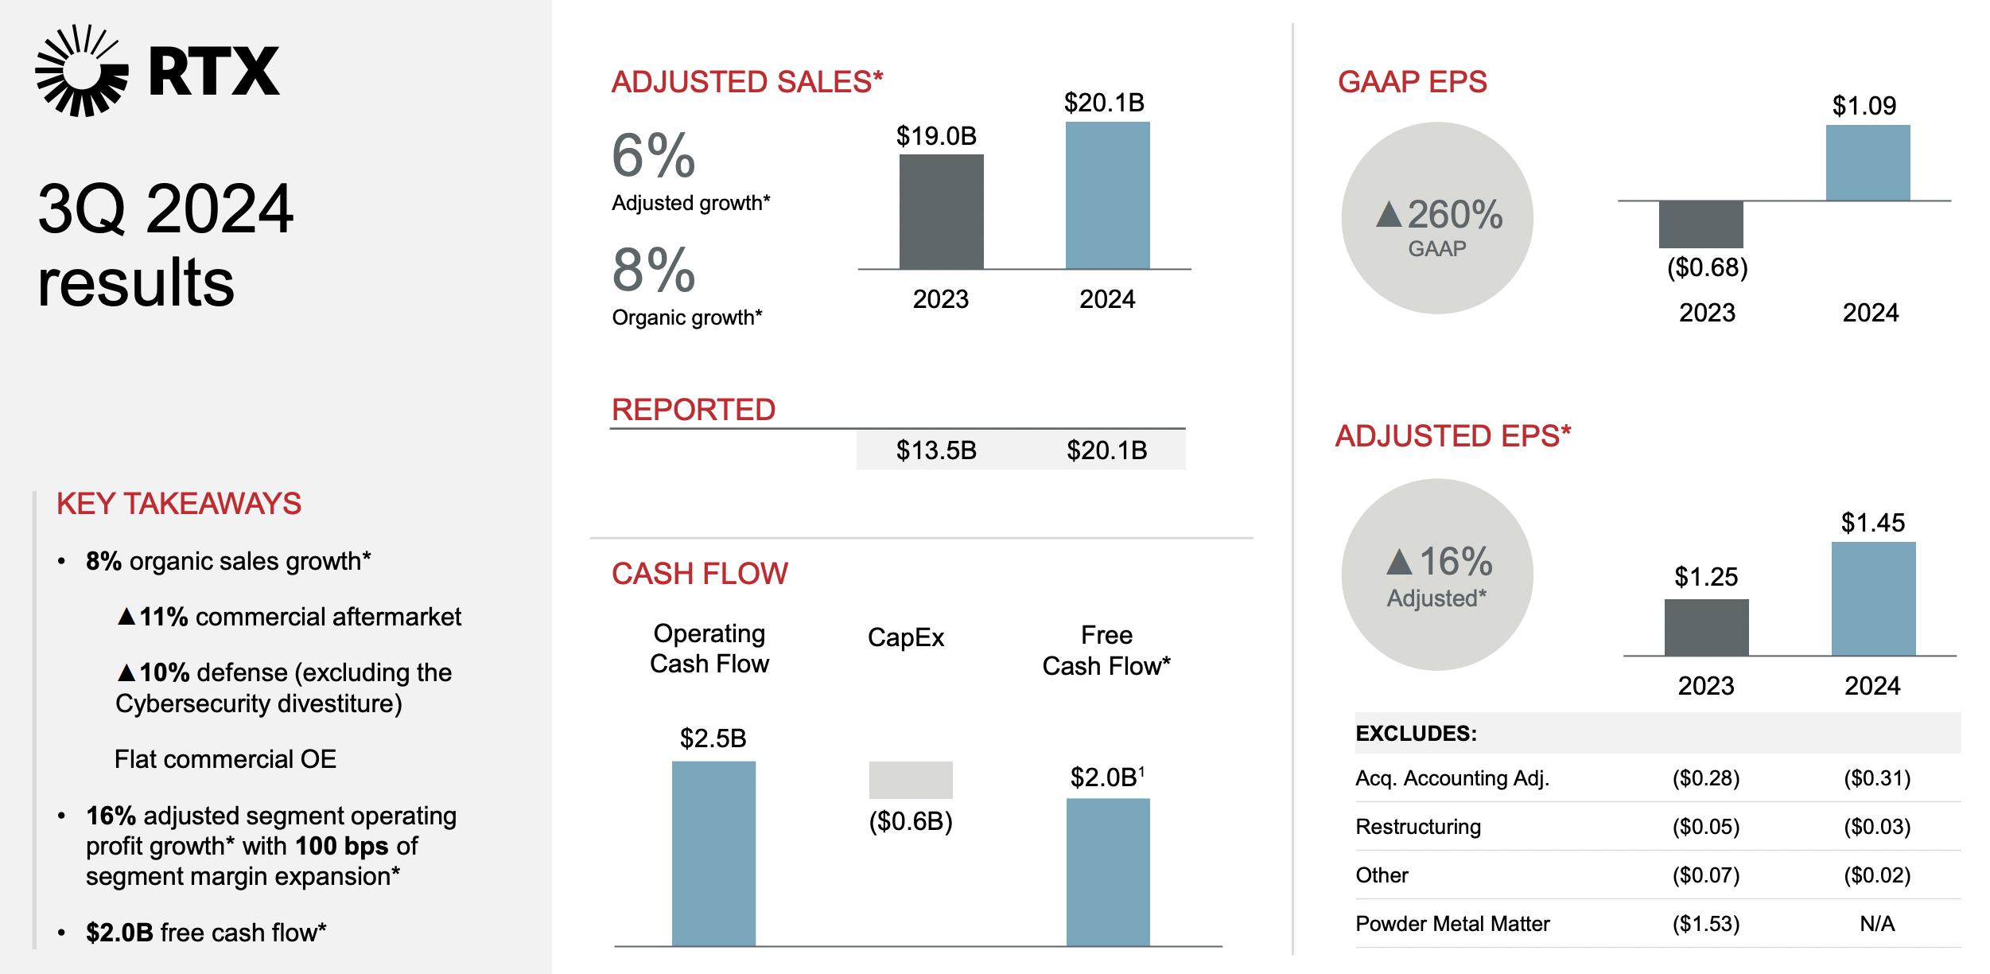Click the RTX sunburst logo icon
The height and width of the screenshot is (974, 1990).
(81, 71)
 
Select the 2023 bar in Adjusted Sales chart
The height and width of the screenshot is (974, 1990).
(941, 212)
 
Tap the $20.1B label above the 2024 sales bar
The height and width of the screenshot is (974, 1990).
(1104, 103)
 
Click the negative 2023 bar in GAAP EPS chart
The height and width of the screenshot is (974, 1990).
(1700, 224)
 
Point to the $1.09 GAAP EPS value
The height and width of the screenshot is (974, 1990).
(1864, 106)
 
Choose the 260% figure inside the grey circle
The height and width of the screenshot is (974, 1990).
(1454, 215)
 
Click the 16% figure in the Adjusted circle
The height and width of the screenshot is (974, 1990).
(1455, 562)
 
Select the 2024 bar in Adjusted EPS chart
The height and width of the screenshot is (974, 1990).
(1873, 598)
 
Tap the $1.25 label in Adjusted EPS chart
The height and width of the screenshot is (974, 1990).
(1706, 577)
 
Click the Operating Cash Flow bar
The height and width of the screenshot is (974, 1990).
(713, 853)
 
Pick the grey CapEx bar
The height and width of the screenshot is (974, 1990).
(910, 780)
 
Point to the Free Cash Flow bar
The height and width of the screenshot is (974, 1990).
(1107, 871)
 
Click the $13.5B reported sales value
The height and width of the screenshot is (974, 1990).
(936, 450)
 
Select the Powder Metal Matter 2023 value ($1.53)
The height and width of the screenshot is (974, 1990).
(1706, 924)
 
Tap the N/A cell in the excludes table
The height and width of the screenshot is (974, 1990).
(1877, 924)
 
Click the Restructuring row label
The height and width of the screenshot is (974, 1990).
(1418, 827)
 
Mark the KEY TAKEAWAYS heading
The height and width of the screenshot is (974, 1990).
(179, 504)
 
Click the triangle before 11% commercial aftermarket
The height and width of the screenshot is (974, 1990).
(126, 617)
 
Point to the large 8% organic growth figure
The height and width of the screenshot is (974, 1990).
(654, 271)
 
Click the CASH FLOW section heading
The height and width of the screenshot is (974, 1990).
(700, 574)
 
